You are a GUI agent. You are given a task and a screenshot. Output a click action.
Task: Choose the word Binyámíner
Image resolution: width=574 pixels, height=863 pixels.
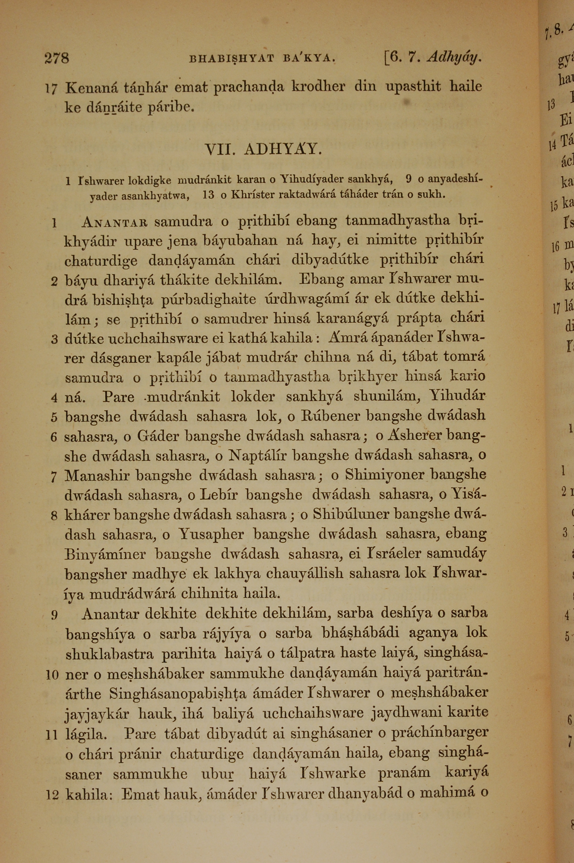105,554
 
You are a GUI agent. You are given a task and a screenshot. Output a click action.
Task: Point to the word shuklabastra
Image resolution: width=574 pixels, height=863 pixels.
109,654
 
